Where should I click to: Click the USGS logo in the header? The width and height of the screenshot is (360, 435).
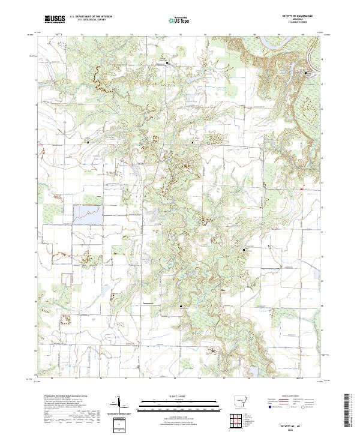pyautogui.click(x=55, y=19)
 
